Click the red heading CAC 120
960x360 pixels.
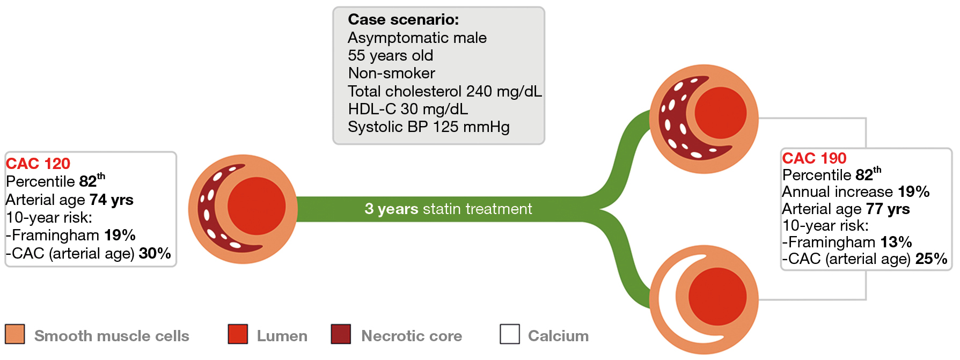tap(38, 164)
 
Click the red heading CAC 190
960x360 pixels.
tap(814, 158)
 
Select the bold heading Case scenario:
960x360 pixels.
tap(404, 19)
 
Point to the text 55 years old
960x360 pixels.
tap(390, 55)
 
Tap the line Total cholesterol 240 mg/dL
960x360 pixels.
tap(445, 91)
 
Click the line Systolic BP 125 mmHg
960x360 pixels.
tap(429, 127)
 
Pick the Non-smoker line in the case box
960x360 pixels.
tap(391, 73)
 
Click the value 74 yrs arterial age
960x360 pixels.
tap(112, 200)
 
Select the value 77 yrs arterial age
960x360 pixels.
tap(888, 209)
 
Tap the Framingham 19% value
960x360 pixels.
tap(120, 235)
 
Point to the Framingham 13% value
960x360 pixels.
tap(896, 242)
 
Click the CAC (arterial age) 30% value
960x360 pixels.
tap(155, 253)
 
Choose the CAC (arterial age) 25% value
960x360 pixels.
tap(932, 259)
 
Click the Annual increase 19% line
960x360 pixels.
tap(856, 192)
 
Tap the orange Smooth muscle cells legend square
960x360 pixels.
tap(15, 334)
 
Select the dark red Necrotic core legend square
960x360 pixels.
tap(341, 334)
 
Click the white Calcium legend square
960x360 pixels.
tap(510, 334)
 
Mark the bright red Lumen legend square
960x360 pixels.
tap(238, 334)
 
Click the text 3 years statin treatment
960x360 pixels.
tap(448, 209)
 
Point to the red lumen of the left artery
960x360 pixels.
tap(257, 207)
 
